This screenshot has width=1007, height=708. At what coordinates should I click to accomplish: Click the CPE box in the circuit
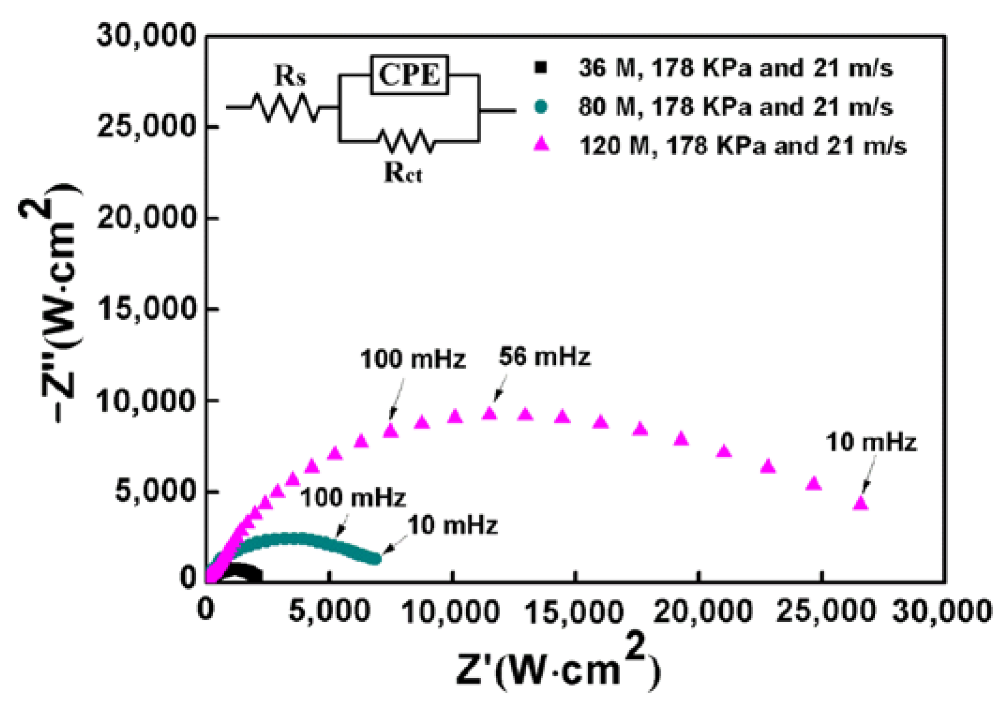point(409,75)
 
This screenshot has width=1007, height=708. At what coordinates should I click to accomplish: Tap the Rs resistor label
point(289,75)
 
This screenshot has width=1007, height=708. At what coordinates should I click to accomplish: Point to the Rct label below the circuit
point(402,172)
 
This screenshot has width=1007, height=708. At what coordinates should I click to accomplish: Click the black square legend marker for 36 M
point(541,68)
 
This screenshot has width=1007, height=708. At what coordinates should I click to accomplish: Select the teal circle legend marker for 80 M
point(541,106)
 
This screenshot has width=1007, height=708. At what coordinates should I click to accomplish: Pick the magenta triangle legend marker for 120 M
point(542,144)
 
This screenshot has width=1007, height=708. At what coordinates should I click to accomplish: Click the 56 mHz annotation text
point(544,356)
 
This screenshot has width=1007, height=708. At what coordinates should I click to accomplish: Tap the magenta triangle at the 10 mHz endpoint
point(861,503)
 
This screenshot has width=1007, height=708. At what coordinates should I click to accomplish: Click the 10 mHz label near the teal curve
point(452,525)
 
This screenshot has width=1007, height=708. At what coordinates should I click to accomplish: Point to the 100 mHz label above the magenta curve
point(413,360)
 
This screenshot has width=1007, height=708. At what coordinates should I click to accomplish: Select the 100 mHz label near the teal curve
point(353,497)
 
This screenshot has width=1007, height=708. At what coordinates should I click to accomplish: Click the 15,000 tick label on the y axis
point(146,309)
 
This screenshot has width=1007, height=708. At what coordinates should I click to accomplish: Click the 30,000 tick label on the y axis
point(146,35)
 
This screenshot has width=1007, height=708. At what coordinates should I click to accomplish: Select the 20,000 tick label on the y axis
point(146,218)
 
